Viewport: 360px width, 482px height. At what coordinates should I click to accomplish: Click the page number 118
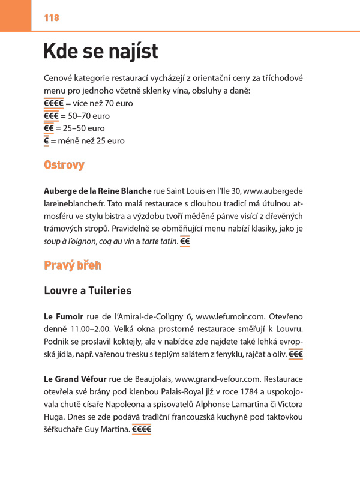pos(52,18)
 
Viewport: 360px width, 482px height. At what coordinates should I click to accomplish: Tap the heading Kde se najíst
pos(100,52)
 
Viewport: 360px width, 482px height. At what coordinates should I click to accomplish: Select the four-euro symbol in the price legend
pos(54,103)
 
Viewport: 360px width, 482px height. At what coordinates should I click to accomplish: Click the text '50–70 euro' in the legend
pos(90,116)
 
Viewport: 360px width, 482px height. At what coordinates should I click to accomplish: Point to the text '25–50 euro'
pos(82,128)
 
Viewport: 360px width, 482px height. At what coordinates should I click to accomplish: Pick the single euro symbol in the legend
pos(46,141)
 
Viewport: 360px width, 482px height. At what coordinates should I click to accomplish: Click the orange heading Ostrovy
pos(64,165)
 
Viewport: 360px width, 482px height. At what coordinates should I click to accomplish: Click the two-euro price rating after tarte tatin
pos(185,241)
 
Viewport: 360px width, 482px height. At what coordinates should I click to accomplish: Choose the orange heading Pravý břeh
pos(73,265)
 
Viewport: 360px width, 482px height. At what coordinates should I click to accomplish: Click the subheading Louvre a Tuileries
pos(88,291)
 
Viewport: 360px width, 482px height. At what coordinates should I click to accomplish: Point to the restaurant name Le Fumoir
pos(64,316)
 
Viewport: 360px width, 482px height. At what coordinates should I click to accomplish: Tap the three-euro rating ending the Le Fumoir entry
pos(296,354)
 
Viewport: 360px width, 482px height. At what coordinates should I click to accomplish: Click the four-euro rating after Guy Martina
pos(142,430)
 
